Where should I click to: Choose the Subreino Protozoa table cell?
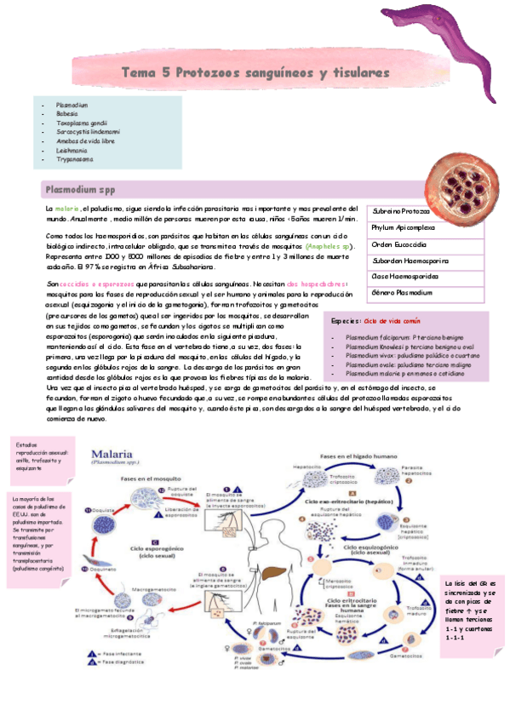tap(401, 211)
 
